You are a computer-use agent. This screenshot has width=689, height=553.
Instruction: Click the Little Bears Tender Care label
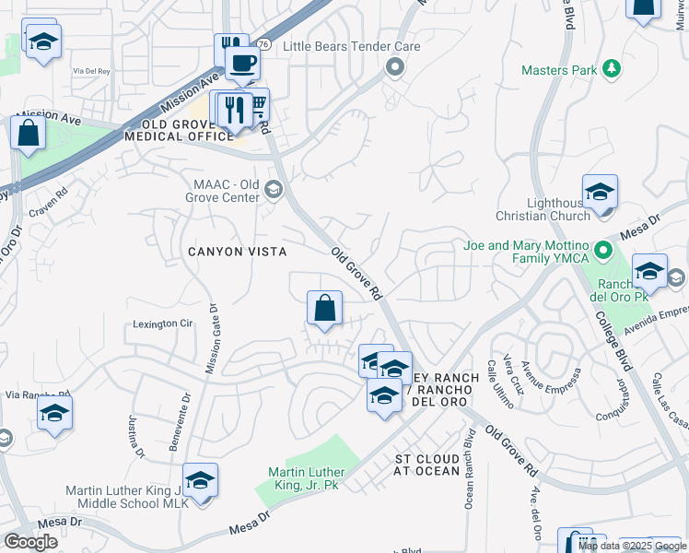tap(351, 47)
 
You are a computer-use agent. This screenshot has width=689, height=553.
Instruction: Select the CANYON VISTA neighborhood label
tap(237, 252)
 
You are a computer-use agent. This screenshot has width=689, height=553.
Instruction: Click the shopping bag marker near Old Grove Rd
tap(324, 310)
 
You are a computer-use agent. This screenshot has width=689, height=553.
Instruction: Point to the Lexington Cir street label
tap(163, 324)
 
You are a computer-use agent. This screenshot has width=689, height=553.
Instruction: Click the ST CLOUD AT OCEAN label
tap(426, 465)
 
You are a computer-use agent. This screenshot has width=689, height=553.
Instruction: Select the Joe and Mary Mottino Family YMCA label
tap(525, 253)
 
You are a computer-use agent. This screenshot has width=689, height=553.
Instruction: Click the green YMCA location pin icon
tap(602, 250)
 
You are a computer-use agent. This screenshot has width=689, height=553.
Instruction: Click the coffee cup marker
tap(243, 63)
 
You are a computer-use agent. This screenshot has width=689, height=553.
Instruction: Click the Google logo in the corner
tap(30, 542)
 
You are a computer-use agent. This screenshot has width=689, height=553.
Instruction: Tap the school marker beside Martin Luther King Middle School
tap(200, 481)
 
